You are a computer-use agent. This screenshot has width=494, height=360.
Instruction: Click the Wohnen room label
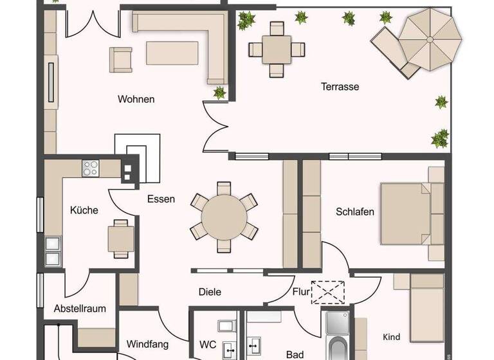(x=136, y=100)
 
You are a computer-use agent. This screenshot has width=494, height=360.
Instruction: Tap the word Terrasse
(x=340, y=87)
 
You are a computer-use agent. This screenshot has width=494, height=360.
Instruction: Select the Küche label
(x=84, y=210)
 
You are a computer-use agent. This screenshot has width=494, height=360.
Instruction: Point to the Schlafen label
(x=355, y=212)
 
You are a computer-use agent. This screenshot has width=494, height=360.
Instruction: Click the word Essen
(x=161, y=199)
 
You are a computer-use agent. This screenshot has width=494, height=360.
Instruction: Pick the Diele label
(x=210, y=292)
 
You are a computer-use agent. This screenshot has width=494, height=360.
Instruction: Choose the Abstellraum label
(x=80, y=309)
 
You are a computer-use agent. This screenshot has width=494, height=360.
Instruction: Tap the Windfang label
(x=147, y=343)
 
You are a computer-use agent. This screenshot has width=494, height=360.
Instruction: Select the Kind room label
(x=392, y=337)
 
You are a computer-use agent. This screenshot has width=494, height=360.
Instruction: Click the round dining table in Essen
(x=224, y=217)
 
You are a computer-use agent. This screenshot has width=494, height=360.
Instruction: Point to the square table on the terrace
(x=277, y=49)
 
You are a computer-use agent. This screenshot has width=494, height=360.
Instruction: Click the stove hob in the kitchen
(x=91, y=168)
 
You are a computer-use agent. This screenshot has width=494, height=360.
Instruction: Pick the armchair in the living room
(x=120, y=59)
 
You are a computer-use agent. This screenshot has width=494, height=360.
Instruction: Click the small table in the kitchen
(x=121, y=239)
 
